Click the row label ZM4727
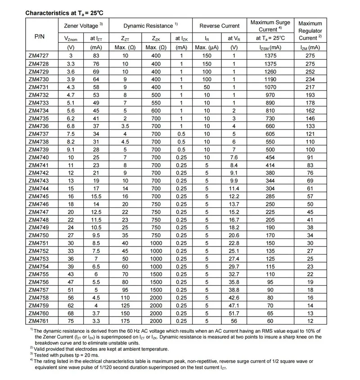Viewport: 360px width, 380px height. tap(39, 55)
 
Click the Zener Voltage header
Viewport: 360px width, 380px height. tap(83, 26)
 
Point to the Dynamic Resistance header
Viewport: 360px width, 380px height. tap(151, 26)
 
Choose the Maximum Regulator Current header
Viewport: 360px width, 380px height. tap(310, 30)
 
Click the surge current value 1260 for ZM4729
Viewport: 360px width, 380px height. tap(270, 72)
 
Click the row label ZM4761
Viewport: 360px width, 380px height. tap(39, 321)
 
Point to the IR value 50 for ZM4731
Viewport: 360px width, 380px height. tap(207, 87)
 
